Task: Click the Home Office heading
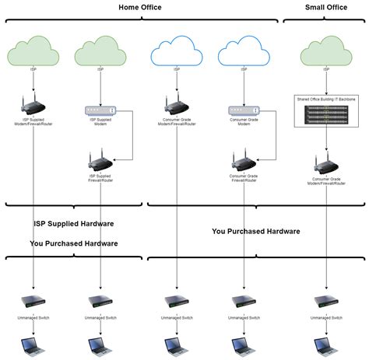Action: (x=141, y=7)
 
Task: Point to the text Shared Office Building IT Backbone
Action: (x=326, y=99)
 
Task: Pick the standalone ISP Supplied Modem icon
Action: (x=100, y=110)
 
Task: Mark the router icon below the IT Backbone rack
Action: (x=326, y=164)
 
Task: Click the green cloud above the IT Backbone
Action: (x=326, y=54)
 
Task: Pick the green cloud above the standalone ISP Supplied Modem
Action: (x=100, y=54)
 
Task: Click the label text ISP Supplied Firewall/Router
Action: (x=100, y=179)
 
